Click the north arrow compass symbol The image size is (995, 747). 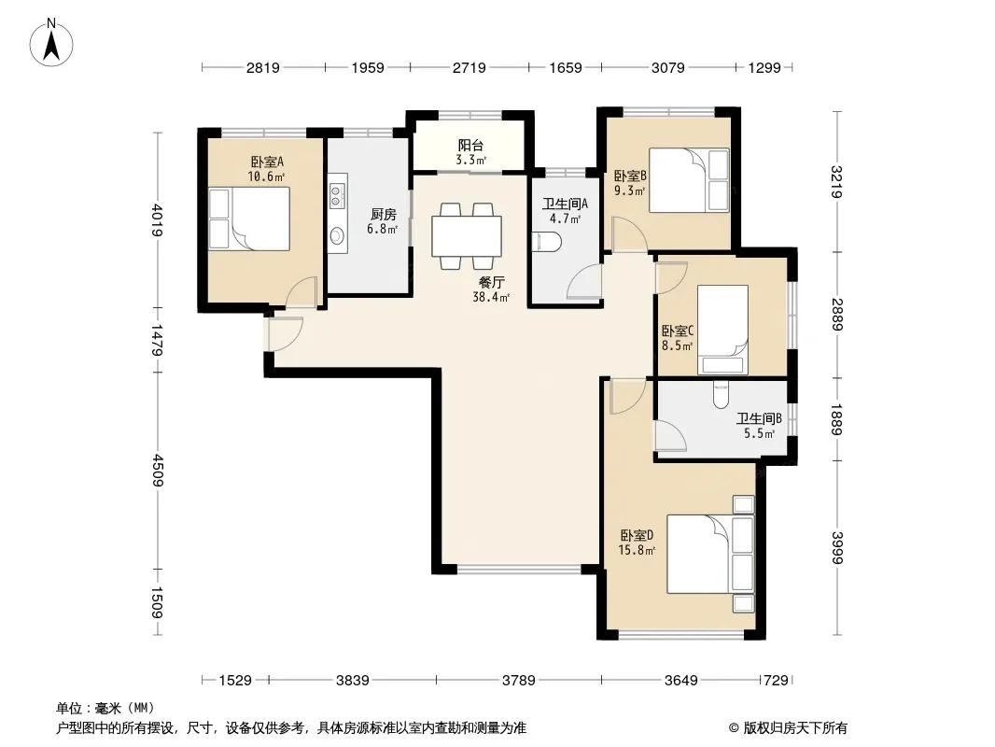51,43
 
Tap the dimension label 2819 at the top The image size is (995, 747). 262,67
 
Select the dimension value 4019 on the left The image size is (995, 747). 157,220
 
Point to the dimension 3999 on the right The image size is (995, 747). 837,548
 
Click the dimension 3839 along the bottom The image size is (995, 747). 352,681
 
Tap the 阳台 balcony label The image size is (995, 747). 470,146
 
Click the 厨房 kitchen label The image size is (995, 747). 384,215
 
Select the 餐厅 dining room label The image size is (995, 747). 491,282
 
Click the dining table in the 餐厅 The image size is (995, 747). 467,236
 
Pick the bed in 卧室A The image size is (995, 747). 249,218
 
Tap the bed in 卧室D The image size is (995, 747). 710,554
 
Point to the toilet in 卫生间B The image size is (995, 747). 721,394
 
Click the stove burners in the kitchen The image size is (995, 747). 337,194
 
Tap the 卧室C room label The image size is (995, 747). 678,331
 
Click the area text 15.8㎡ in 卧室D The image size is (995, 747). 637,550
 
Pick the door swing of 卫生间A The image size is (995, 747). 583,281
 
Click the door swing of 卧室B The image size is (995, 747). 629,234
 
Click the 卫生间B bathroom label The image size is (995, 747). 759,419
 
